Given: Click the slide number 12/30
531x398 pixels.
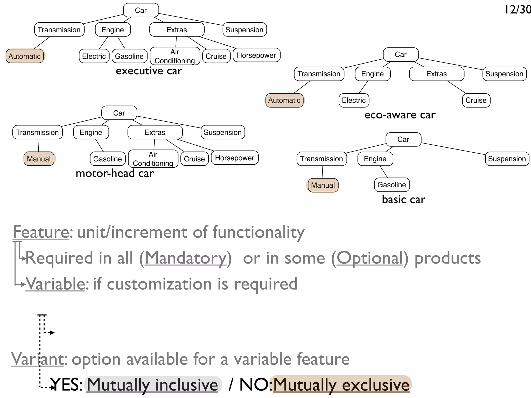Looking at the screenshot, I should pyautogui.click(x=518, y=10).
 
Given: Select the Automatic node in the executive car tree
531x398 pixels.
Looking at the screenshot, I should pyautogui.click(x=25, y=56).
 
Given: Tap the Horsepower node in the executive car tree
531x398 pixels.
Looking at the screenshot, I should pyautogui.click(x=256, y=55).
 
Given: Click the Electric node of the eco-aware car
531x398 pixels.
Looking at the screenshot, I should pyautogui.click(x=354, y=100).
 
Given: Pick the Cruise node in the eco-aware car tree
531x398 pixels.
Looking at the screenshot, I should pyautogui.click(x=476, y=100).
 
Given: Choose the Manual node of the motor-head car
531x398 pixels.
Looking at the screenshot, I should pyautogui.click(x=39, y=159).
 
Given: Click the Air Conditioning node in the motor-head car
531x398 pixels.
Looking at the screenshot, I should pyautogui.click(x=153, y=159).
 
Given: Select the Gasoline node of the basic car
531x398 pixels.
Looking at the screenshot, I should pyautogui.click(x=392, y=185).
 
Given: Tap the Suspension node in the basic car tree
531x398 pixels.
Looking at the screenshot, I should pyautogui.click(x=507, y=159).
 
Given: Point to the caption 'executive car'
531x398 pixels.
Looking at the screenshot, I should pyautogui.click(x=149, y=71).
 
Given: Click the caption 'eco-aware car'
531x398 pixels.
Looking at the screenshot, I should pyautogui.click(x=400, y=115).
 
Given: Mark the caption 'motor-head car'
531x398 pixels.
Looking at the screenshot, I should pyautogui.click(x=115, y=173).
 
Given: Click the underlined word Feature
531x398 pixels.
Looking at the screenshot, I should pyautogui.click(x=41, y=232).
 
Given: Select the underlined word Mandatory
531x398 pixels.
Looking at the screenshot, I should pyautogui.click(x=185, y=258).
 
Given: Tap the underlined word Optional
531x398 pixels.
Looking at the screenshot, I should pyautogui.click(x=370, y=258).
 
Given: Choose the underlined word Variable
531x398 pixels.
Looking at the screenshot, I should pyautogui.click(x=55, y=284).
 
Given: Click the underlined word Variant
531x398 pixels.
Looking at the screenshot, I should pyautogui.click(x=37, y=359).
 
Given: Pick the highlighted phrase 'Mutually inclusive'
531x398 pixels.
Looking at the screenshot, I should pyautogui.click(x=152, y=385).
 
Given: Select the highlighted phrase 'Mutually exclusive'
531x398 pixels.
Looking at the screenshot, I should pyautogui.click(x=341, y=385).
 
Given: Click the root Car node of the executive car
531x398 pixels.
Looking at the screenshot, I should pyautogui.click(x=141, y=10).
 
